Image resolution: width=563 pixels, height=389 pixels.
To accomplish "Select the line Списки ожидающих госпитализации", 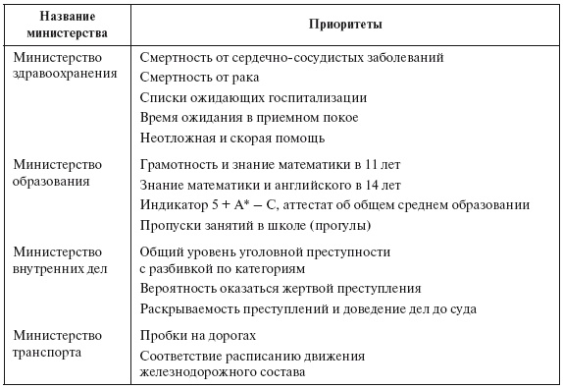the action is (253, 97).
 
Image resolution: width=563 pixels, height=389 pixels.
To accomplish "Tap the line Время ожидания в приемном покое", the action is (249, 117).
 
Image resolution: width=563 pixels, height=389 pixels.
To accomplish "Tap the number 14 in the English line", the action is (390, 184).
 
